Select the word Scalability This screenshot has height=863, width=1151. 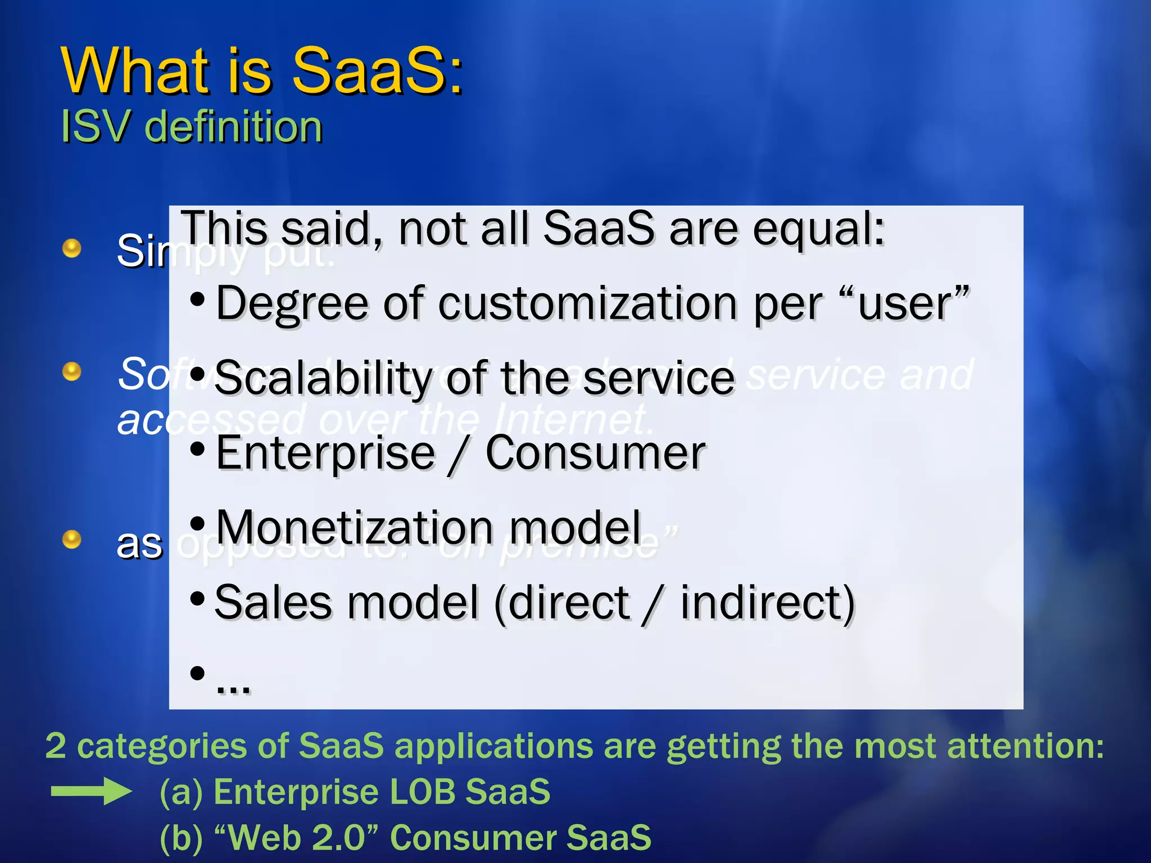point(323,379)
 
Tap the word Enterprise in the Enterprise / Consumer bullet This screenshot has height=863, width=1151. point(325,453)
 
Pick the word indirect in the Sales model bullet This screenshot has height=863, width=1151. point(767,603)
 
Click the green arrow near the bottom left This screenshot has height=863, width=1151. point(91,792)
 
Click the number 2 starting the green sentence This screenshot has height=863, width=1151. point(56,746)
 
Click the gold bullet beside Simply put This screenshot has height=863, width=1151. point(71,248)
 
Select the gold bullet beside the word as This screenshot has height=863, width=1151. point(71,539)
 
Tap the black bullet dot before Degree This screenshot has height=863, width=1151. point(197,300)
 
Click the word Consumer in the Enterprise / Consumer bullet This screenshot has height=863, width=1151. point(595,453)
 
